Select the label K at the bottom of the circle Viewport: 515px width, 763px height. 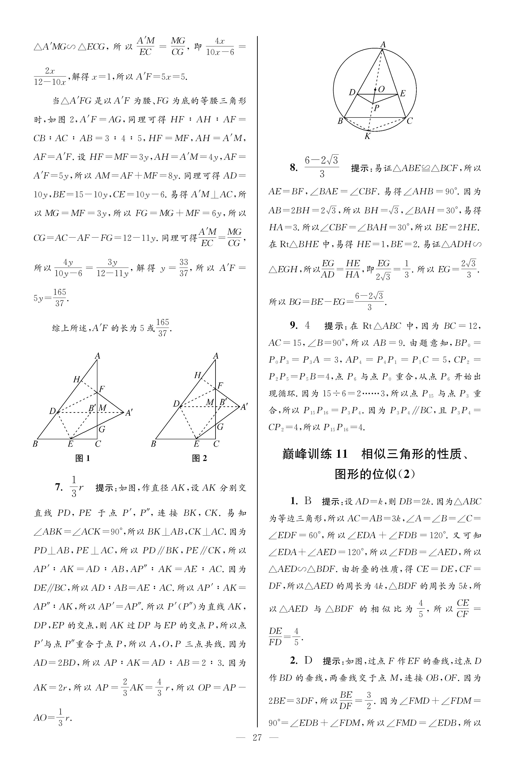367,136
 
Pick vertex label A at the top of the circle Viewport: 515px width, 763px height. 383,44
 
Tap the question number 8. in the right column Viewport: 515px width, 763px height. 294,168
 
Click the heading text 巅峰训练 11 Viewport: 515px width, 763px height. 315,454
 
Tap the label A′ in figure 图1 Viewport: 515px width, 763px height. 129,413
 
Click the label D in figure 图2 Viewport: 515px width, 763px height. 176,404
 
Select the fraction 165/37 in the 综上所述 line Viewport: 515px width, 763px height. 162,328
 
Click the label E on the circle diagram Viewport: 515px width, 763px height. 402,93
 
